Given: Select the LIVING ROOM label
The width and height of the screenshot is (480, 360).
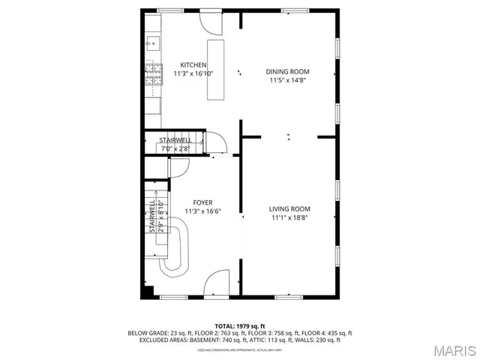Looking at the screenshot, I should (289, 208).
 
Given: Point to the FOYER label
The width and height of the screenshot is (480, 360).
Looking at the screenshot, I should (202, 202).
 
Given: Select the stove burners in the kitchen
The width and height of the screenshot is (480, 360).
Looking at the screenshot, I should (153, 73).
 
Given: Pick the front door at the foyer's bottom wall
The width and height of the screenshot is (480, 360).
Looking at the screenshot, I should (218, 283).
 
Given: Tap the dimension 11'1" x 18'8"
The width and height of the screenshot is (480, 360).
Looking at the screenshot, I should (289, 217).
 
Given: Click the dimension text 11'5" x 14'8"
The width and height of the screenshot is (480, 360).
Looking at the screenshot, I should (286, 79).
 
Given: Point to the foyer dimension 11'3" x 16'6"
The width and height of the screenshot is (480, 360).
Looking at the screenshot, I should (202, 211).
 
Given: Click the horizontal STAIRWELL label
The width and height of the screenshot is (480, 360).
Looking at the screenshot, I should (175, 140).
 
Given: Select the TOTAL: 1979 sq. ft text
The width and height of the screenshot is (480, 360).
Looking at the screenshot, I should (240, 326).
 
